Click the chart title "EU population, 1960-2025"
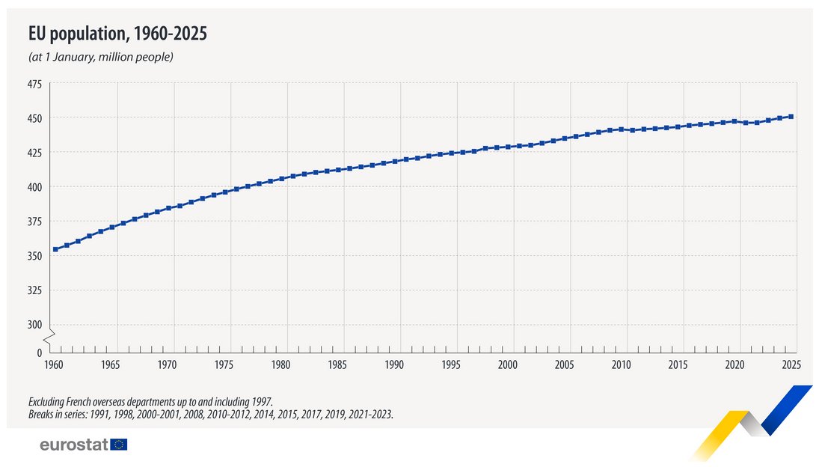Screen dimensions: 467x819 click(117, 34)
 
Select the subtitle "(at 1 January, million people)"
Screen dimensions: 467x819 click(101, 57)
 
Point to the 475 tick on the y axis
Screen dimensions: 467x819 click(35, 85)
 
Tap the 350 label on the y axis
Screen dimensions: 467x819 click(35, 256)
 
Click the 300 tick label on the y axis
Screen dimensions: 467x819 click(35, 325)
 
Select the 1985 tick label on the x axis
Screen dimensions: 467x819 click(337, 365)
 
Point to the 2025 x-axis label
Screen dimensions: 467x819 click(791, 365)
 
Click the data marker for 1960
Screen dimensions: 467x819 click(55, 249)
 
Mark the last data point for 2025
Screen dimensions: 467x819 click(791, 116)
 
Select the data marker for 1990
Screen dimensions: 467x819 click(395, 161)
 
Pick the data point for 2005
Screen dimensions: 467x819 click(565, 138)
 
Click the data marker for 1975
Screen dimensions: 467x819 click(225, 193)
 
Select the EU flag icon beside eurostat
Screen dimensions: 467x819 click(119, 445)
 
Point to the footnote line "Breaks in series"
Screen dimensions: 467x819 click(210, 412)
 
